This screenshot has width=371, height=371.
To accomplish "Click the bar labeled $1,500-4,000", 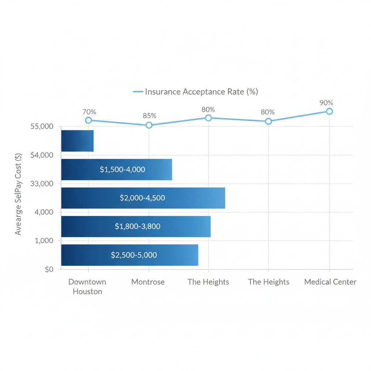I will [x=116, y=169].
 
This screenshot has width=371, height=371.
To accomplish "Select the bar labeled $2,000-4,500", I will [x=143, y=198].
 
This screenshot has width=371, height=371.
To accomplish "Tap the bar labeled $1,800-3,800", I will [x=136, y=226].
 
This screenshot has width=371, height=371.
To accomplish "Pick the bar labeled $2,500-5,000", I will [x=130, y=255].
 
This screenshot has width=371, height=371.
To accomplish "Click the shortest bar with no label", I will [x=77, y=141].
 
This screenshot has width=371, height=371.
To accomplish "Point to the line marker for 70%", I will [x=88, y=120].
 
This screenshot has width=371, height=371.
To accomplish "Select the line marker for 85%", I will [x=149, y=125].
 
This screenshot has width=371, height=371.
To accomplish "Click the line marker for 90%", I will [x=329, y=111].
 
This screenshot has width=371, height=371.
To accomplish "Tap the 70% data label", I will [x=89, y=112].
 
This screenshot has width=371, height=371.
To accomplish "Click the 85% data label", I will [x=149, y=116].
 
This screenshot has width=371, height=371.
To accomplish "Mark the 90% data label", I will [x=326, y=103].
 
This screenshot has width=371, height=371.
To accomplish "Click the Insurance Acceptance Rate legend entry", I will [x=196, y=92].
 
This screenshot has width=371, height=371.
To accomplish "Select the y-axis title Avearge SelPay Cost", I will [x=18, y=194].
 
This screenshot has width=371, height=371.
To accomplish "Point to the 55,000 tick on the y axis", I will [x=42, y=126].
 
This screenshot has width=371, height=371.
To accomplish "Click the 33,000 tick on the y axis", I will [x=42, y=184].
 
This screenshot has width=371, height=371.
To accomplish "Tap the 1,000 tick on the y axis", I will [x=44, y=241].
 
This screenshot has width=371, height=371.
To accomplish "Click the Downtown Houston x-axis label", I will [x=87, y=287].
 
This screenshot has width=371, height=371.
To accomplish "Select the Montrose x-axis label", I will [x=148, y=282].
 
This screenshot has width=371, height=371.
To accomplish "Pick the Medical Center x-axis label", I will [x=330, y=282].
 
